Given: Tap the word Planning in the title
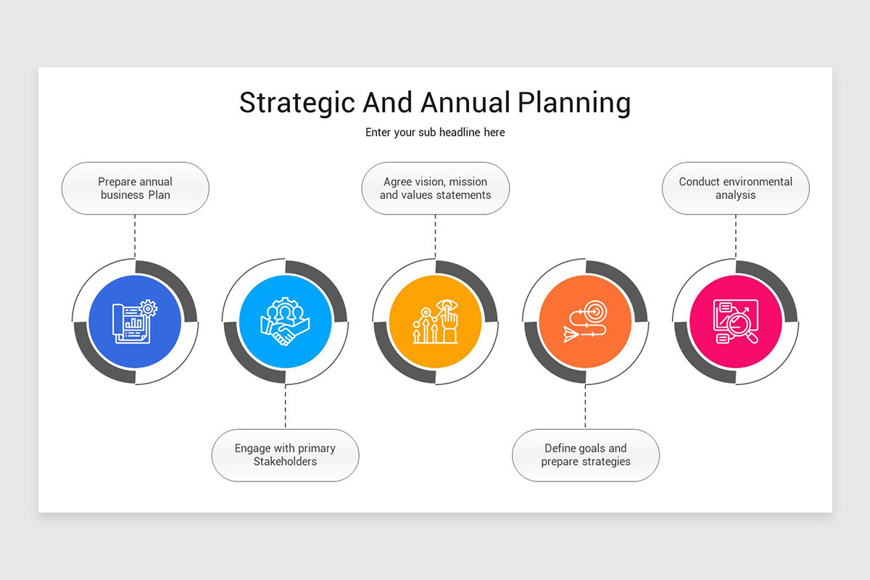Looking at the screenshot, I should coord(573,103).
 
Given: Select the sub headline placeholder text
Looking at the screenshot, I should coord(435,132).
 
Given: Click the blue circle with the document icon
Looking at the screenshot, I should coord(135,321).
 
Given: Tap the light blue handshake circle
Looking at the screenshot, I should coord(285,321).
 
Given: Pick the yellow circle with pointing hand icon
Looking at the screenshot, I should coord(435,321).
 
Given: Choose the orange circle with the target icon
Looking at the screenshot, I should coord(585,321).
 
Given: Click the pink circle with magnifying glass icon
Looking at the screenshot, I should coord(735,321).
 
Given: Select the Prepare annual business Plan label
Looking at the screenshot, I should coord(136,188).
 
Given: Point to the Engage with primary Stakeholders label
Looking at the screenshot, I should coord(285,455).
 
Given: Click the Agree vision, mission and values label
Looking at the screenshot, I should coord(435,188).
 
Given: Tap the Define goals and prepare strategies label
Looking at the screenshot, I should coord(586,455).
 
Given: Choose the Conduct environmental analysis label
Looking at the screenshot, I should coord(736,188).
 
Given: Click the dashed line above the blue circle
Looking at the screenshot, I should coord(135,236).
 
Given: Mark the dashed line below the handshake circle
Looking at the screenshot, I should coord(285,407).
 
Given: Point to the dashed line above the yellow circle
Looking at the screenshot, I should coord(435,236).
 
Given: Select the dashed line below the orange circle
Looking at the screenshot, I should coord(585,407).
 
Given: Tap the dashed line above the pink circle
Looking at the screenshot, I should coord(735,236).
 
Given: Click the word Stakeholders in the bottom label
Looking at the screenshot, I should coord(285,462).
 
